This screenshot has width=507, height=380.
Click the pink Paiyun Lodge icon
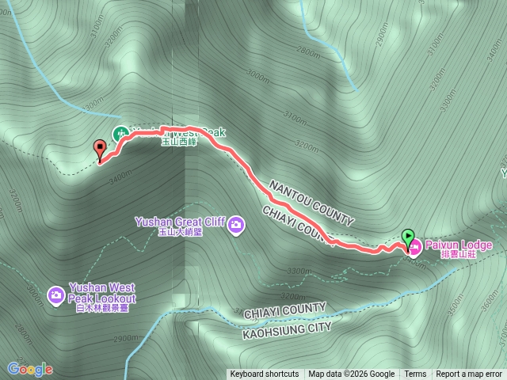(415, 248)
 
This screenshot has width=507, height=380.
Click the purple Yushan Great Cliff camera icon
(235, 228)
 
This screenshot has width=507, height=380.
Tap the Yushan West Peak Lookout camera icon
(55, 294)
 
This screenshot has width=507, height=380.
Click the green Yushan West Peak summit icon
(120, 134)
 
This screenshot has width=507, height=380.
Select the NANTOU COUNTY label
(311, 202)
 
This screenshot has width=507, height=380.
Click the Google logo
(30, 369)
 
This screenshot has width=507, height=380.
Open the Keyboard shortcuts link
(265, 374)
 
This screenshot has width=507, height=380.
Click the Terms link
(415, 374)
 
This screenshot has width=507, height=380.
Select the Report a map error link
(468, 374)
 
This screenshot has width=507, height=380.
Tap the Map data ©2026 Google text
(352, 374)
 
